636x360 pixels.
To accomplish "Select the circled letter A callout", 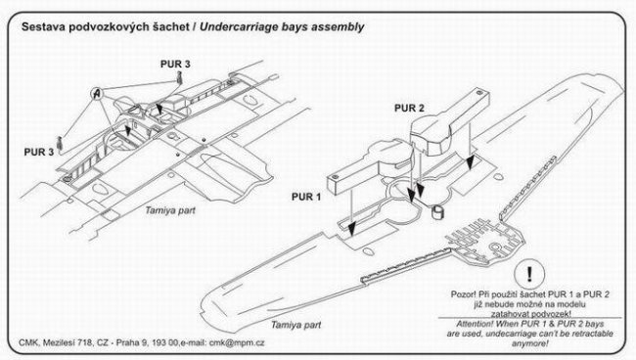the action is [97, 94].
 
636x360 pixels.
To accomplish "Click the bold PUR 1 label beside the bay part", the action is [306, 197].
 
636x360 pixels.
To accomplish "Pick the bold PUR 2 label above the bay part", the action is [409, 109].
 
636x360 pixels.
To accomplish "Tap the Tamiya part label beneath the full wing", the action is [295, 325].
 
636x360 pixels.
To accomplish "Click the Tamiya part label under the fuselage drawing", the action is [170, 210].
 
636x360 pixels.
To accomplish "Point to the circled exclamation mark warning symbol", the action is [529, 275].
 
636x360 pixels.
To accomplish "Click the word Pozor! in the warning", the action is [463, 294].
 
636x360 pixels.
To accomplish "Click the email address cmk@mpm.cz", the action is [237, 343].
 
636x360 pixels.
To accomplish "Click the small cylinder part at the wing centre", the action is [436, 212].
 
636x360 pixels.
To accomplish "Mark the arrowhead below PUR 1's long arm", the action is [352, 229].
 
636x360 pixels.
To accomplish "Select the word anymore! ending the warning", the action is [529, 343].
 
